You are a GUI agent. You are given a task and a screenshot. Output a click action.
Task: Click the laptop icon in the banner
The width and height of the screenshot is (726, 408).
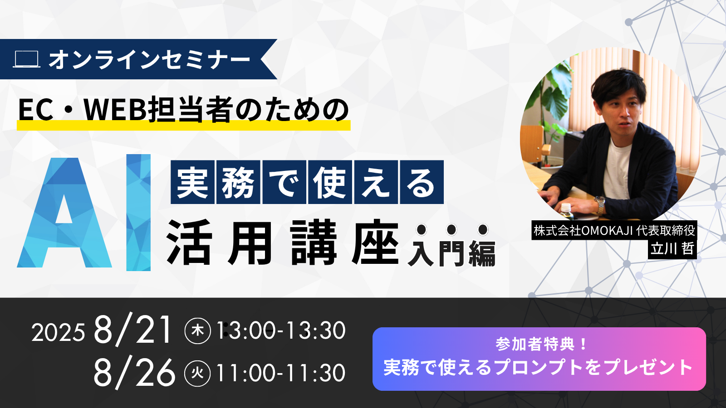point(27,59)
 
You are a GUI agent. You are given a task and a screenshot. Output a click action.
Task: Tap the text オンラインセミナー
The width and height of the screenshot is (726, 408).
point(149,59)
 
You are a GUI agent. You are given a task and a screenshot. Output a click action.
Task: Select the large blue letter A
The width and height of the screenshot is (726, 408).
point(64,213)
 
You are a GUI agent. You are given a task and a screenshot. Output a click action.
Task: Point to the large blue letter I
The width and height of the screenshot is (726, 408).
point(138,213)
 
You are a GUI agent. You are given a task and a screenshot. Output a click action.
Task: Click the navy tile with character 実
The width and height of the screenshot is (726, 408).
point(192,182)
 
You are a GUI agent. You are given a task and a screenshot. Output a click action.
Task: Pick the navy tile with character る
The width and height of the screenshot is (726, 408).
point(422,182)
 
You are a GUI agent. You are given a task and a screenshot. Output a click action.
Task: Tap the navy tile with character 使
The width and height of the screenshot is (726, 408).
point(330,182)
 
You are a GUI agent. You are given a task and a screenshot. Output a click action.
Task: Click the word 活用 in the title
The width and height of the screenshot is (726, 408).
point(219,242)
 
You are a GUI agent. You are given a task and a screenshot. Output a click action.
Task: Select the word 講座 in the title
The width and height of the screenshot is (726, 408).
point(344,242)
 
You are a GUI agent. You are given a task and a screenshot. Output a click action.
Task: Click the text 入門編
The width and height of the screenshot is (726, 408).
point(451,253)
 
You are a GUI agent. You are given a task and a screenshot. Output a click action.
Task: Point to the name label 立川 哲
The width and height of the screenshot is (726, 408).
point(672,249)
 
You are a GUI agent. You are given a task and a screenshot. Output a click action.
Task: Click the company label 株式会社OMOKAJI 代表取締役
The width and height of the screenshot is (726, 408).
point(614,230)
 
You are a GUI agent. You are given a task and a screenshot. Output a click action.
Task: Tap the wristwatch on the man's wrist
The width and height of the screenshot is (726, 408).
point(599,204)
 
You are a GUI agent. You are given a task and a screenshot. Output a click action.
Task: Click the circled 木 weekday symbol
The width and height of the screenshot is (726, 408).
point(197,330)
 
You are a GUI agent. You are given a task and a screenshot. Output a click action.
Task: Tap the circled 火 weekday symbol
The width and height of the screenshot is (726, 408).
point(197,374)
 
